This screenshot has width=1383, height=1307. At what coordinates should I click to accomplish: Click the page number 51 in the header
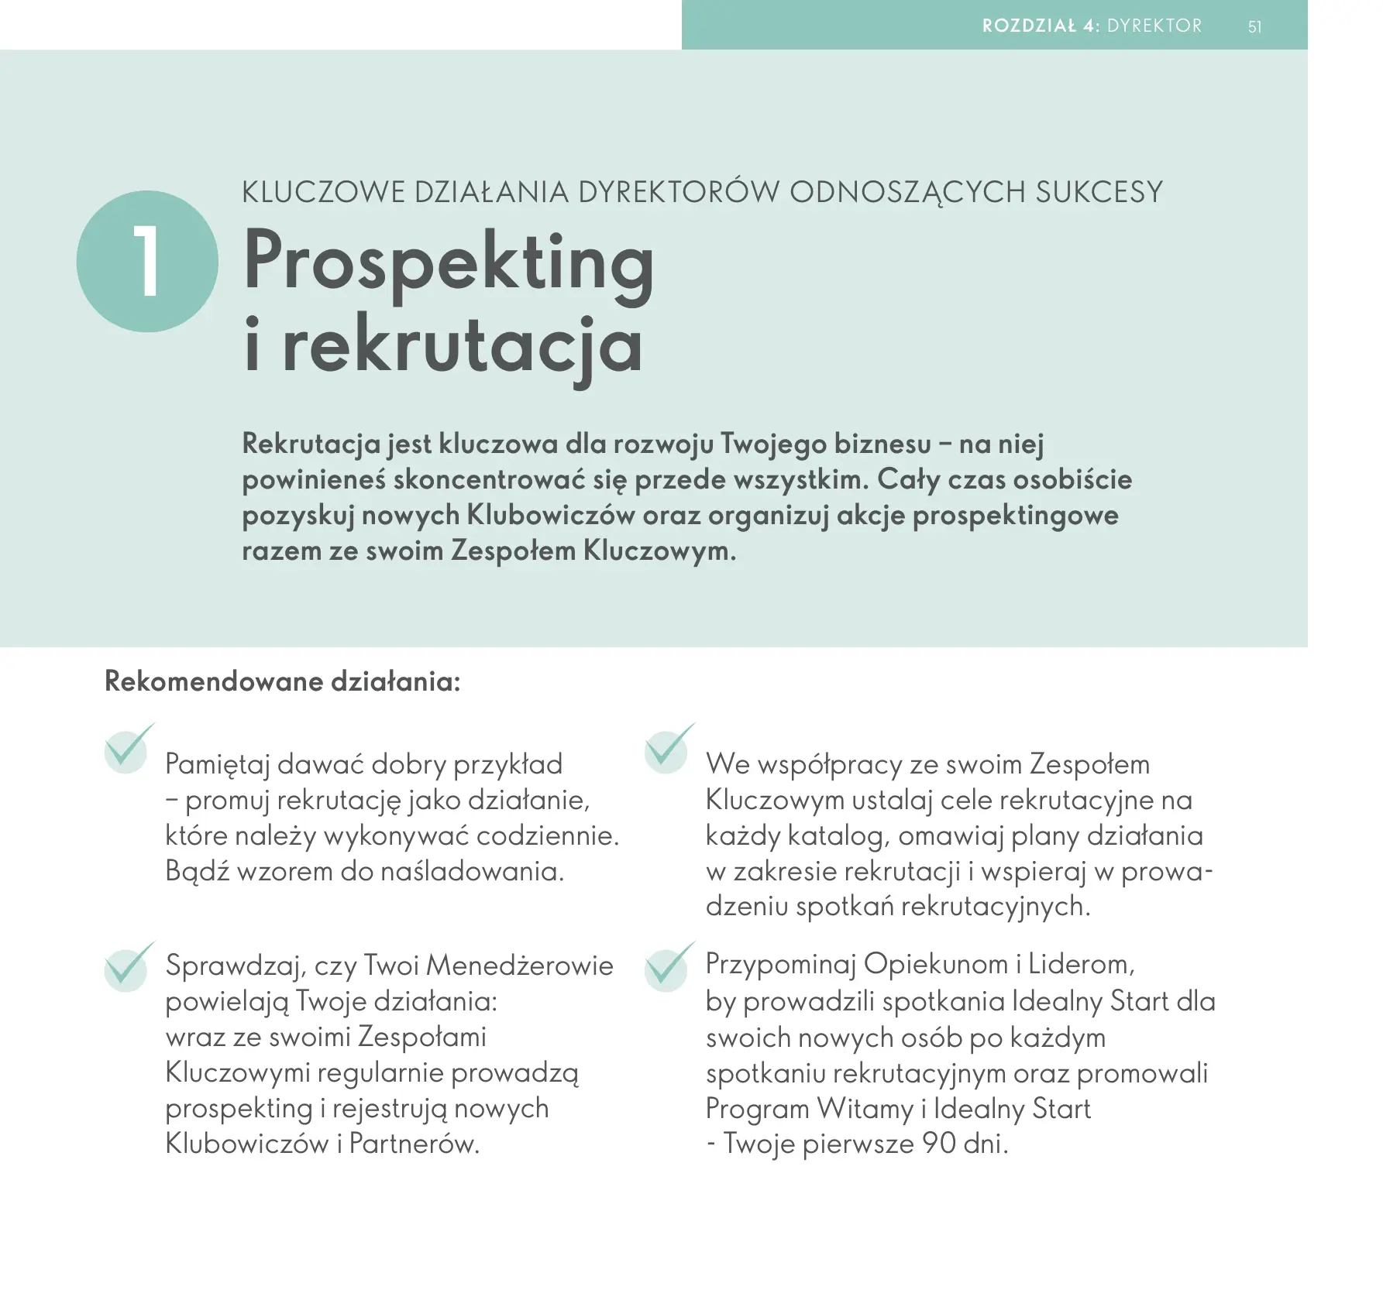point(1254,27)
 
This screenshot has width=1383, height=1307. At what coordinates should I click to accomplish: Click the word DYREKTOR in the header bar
point(1154,26)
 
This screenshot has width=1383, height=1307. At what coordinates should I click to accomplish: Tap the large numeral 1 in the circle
point(146,262)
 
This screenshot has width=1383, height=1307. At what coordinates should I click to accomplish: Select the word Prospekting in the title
point(449,263)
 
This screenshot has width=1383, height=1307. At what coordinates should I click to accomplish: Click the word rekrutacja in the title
point(463,346)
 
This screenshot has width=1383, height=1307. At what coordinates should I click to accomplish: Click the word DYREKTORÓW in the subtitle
point(679,192)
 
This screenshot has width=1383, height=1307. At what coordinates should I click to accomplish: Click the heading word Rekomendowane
point(213,681)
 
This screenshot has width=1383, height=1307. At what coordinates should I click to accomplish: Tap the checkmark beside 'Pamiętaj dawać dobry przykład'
point(128,748)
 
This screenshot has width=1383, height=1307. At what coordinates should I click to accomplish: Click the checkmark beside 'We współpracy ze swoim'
point(668,748)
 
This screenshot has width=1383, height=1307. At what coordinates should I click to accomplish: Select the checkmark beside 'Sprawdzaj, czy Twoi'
point(128,966)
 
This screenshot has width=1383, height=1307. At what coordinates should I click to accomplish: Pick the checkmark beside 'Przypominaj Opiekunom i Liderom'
point(668,966)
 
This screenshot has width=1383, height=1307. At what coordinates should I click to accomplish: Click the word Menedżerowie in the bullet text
point(519,966)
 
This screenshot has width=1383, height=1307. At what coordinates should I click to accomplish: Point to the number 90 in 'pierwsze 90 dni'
point(938,1143)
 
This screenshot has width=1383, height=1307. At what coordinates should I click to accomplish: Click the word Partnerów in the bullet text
point(414,1143)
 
